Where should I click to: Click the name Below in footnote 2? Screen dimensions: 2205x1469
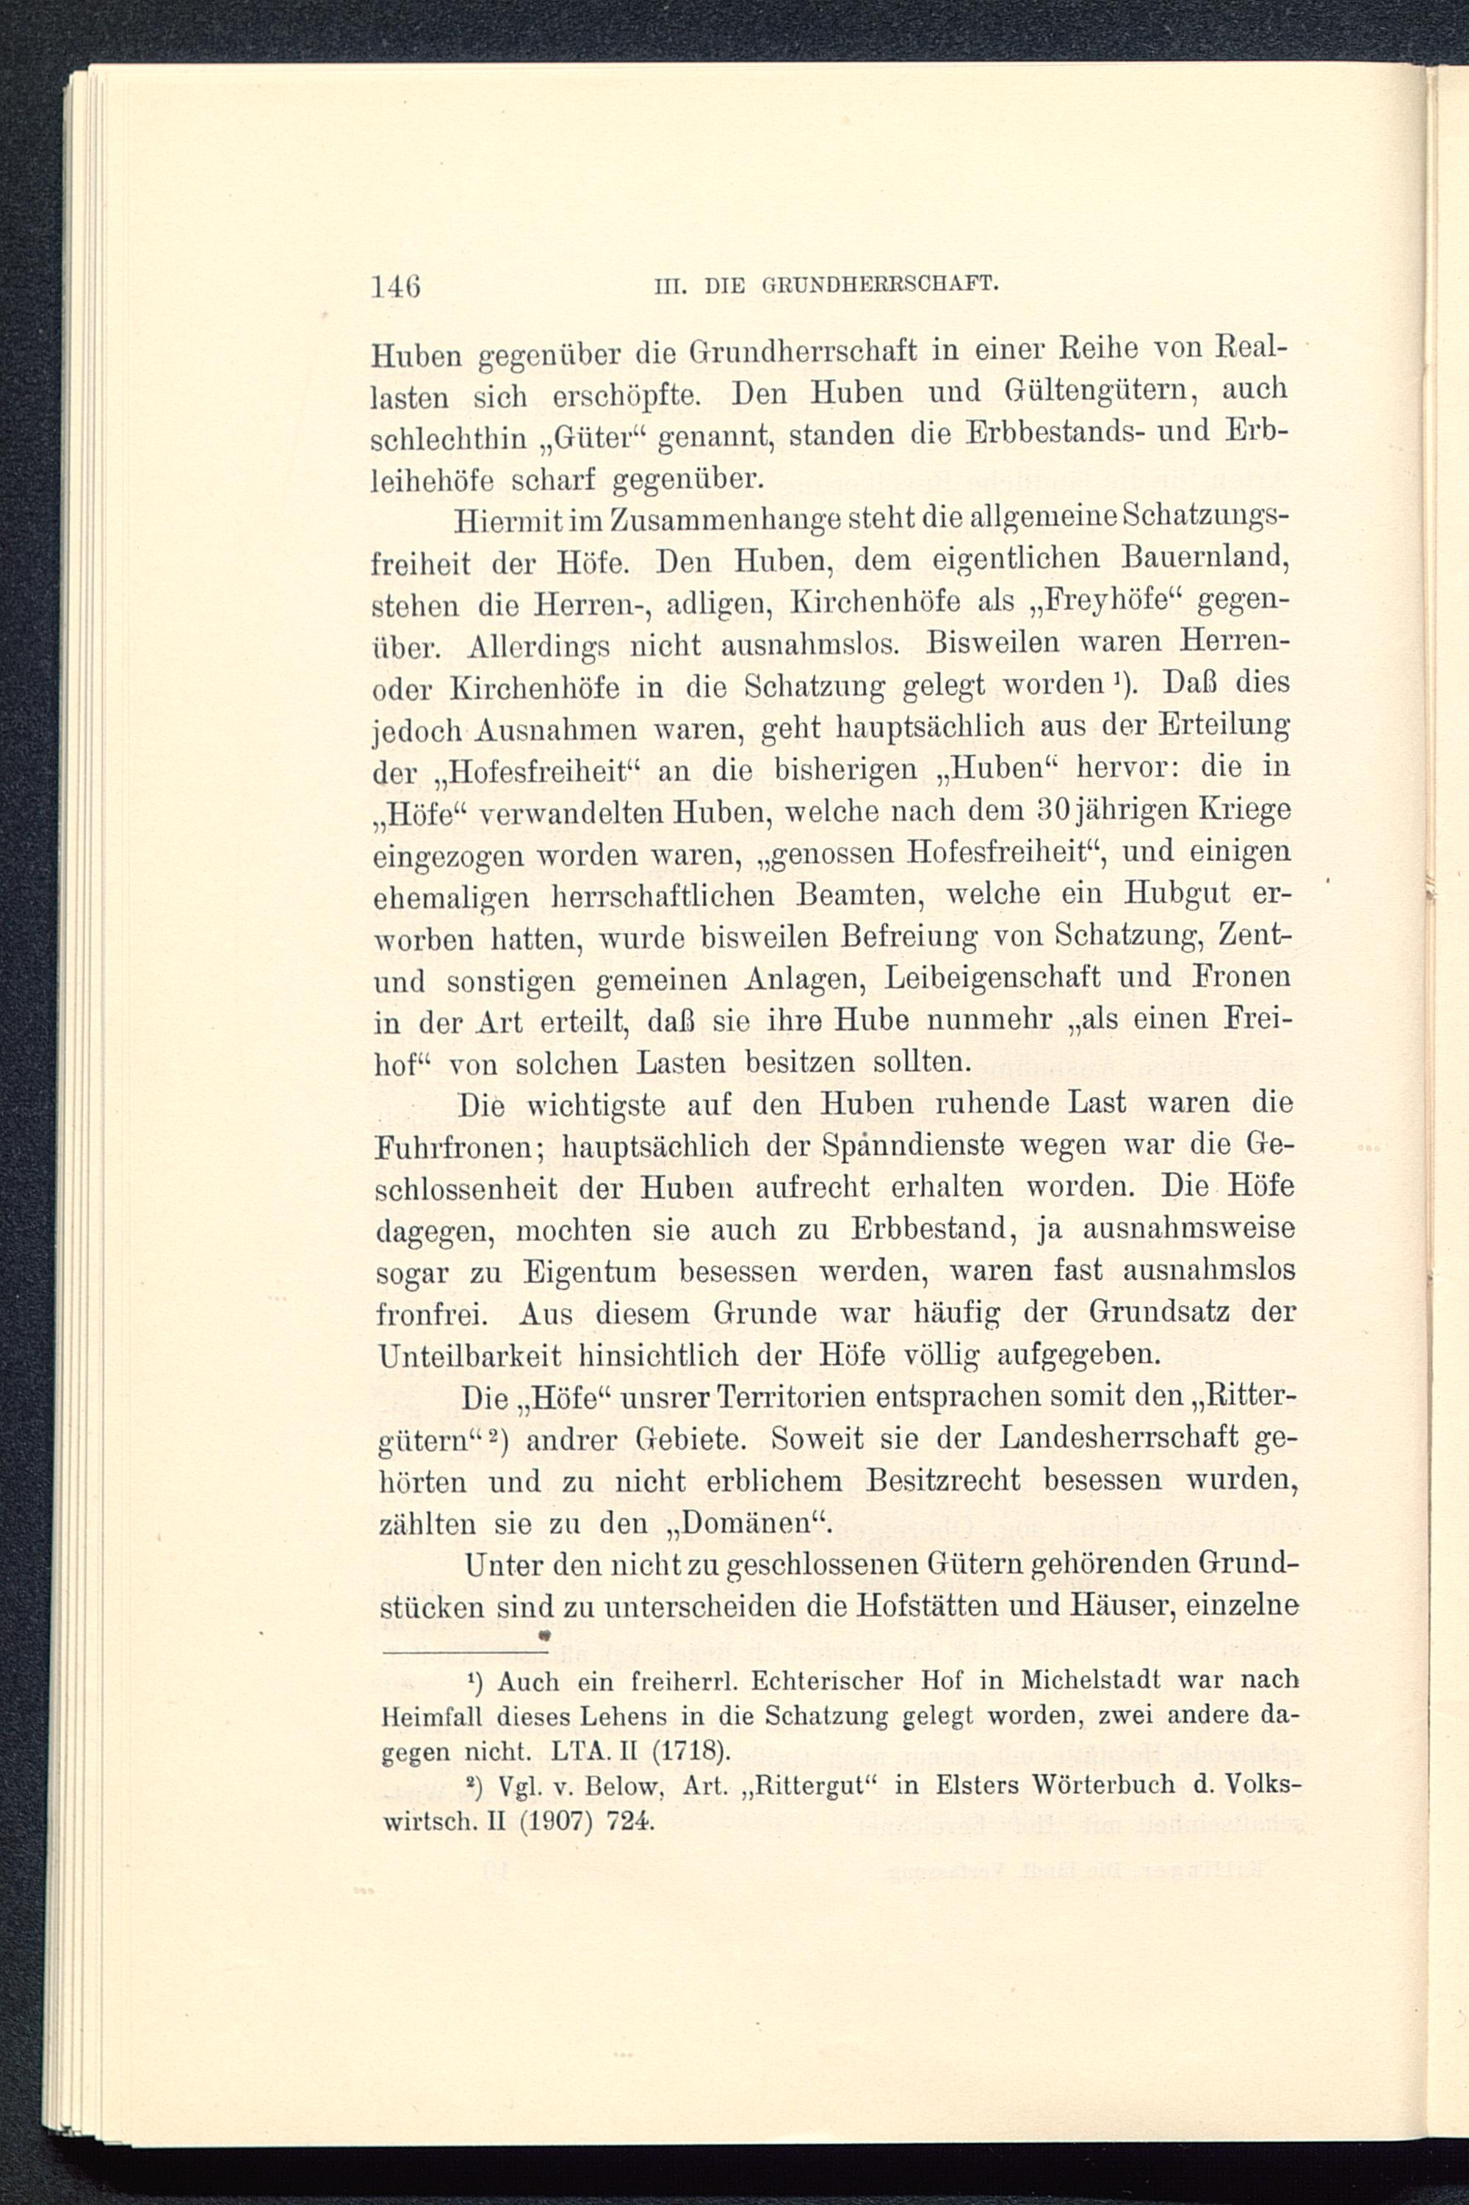pos(620,1786)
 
